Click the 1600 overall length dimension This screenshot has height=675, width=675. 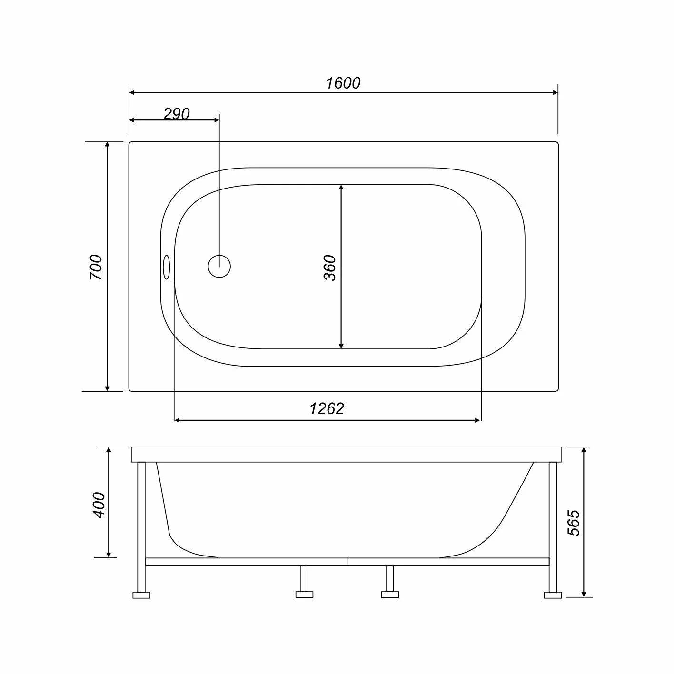(343, 83)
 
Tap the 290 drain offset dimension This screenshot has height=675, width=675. (177, 114)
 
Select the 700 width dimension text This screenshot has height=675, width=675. (96, 267)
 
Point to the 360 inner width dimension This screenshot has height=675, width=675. (330, 268)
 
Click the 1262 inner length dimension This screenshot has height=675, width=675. (327, 408)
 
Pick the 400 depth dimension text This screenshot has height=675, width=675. (99, 505)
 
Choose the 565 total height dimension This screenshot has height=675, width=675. (574, 523)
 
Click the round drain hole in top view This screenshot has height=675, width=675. (219, 266)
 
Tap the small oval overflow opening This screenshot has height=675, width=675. (167, 267)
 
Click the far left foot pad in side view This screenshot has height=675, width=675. (141, 595)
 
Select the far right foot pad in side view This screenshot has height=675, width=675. (553, 595)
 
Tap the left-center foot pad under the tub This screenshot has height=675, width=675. (304, 595)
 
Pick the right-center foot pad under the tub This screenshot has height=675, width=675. (390, 595)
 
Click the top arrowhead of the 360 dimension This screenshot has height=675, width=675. (341, 189)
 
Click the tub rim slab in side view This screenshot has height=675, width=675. (347, 454)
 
